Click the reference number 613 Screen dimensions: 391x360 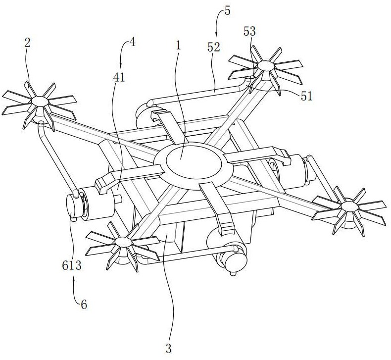pyautogui.click(x=72, y=266)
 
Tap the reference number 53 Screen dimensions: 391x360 pyautogui.click(x=249, y=31)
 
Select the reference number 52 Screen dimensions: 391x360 pyautogui.click(x=214, y=47)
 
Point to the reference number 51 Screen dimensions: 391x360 pyautogui.click(x=306, y=96)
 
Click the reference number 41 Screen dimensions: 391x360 pyautogui.click(x=119, y=78)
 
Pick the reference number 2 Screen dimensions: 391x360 pyautogui.click(x=27, y=43)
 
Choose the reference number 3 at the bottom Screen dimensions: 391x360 pyautogui.click(x=169, y=349)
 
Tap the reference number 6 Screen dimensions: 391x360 pyautogui.click(x=84, y=305)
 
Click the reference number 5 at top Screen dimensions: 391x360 pyautogui.click(x=227, y=11)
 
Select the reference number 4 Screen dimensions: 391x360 pyautogui.click(x=133, y=42)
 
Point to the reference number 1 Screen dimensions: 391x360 pyautogui.click(x=178, y=46)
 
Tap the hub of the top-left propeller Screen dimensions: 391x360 pyautogui.click(x=40, y=101)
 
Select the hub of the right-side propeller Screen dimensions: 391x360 pyautogui.click(x=349, y=206)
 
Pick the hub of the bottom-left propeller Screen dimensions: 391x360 pyautogui.click(x=123, y=242)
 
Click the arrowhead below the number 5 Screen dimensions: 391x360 pyautogui.click(x=216, y=36)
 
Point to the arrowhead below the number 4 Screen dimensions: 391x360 pyautogui.click(x=121, y=65)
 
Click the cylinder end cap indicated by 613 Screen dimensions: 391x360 pyautogui.click(x=72, y=206)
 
